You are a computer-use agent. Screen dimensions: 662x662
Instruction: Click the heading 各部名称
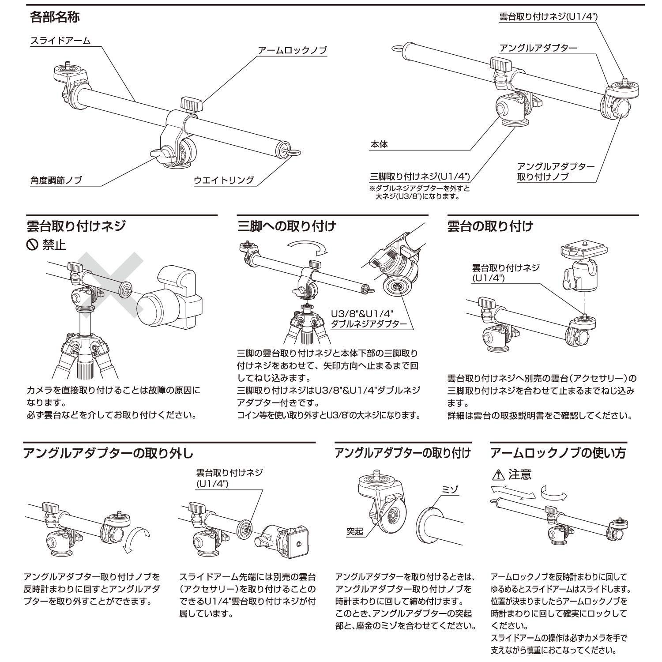55,17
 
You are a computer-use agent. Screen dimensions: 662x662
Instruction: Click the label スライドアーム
60,41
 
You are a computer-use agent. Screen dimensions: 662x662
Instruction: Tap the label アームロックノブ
293,50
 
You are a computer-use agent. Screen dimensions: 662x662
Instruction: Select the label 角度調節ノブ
56,180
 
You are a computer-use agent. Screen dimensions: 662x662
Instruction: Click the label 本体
379,144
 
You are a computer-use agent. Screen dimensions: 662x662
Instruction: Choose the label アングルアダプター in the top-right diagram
538,48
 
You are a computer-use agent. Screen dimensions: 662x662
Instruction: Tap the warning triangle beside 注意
497,475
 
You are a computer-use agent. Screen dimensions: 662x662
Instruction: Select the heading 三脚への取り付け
286,226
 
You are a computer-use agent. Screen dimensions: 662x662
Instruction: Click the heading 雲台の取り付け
490,226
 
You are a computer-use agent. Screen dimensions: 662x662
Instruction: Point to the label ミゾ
451,489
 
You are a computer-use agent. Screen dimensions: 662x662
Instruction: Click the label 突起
354,531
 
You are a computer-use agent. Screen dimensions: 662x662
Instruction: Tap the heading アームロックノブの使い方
558,453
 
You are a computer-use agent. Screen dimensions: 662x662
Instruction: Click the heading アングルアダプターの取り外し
108,453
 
